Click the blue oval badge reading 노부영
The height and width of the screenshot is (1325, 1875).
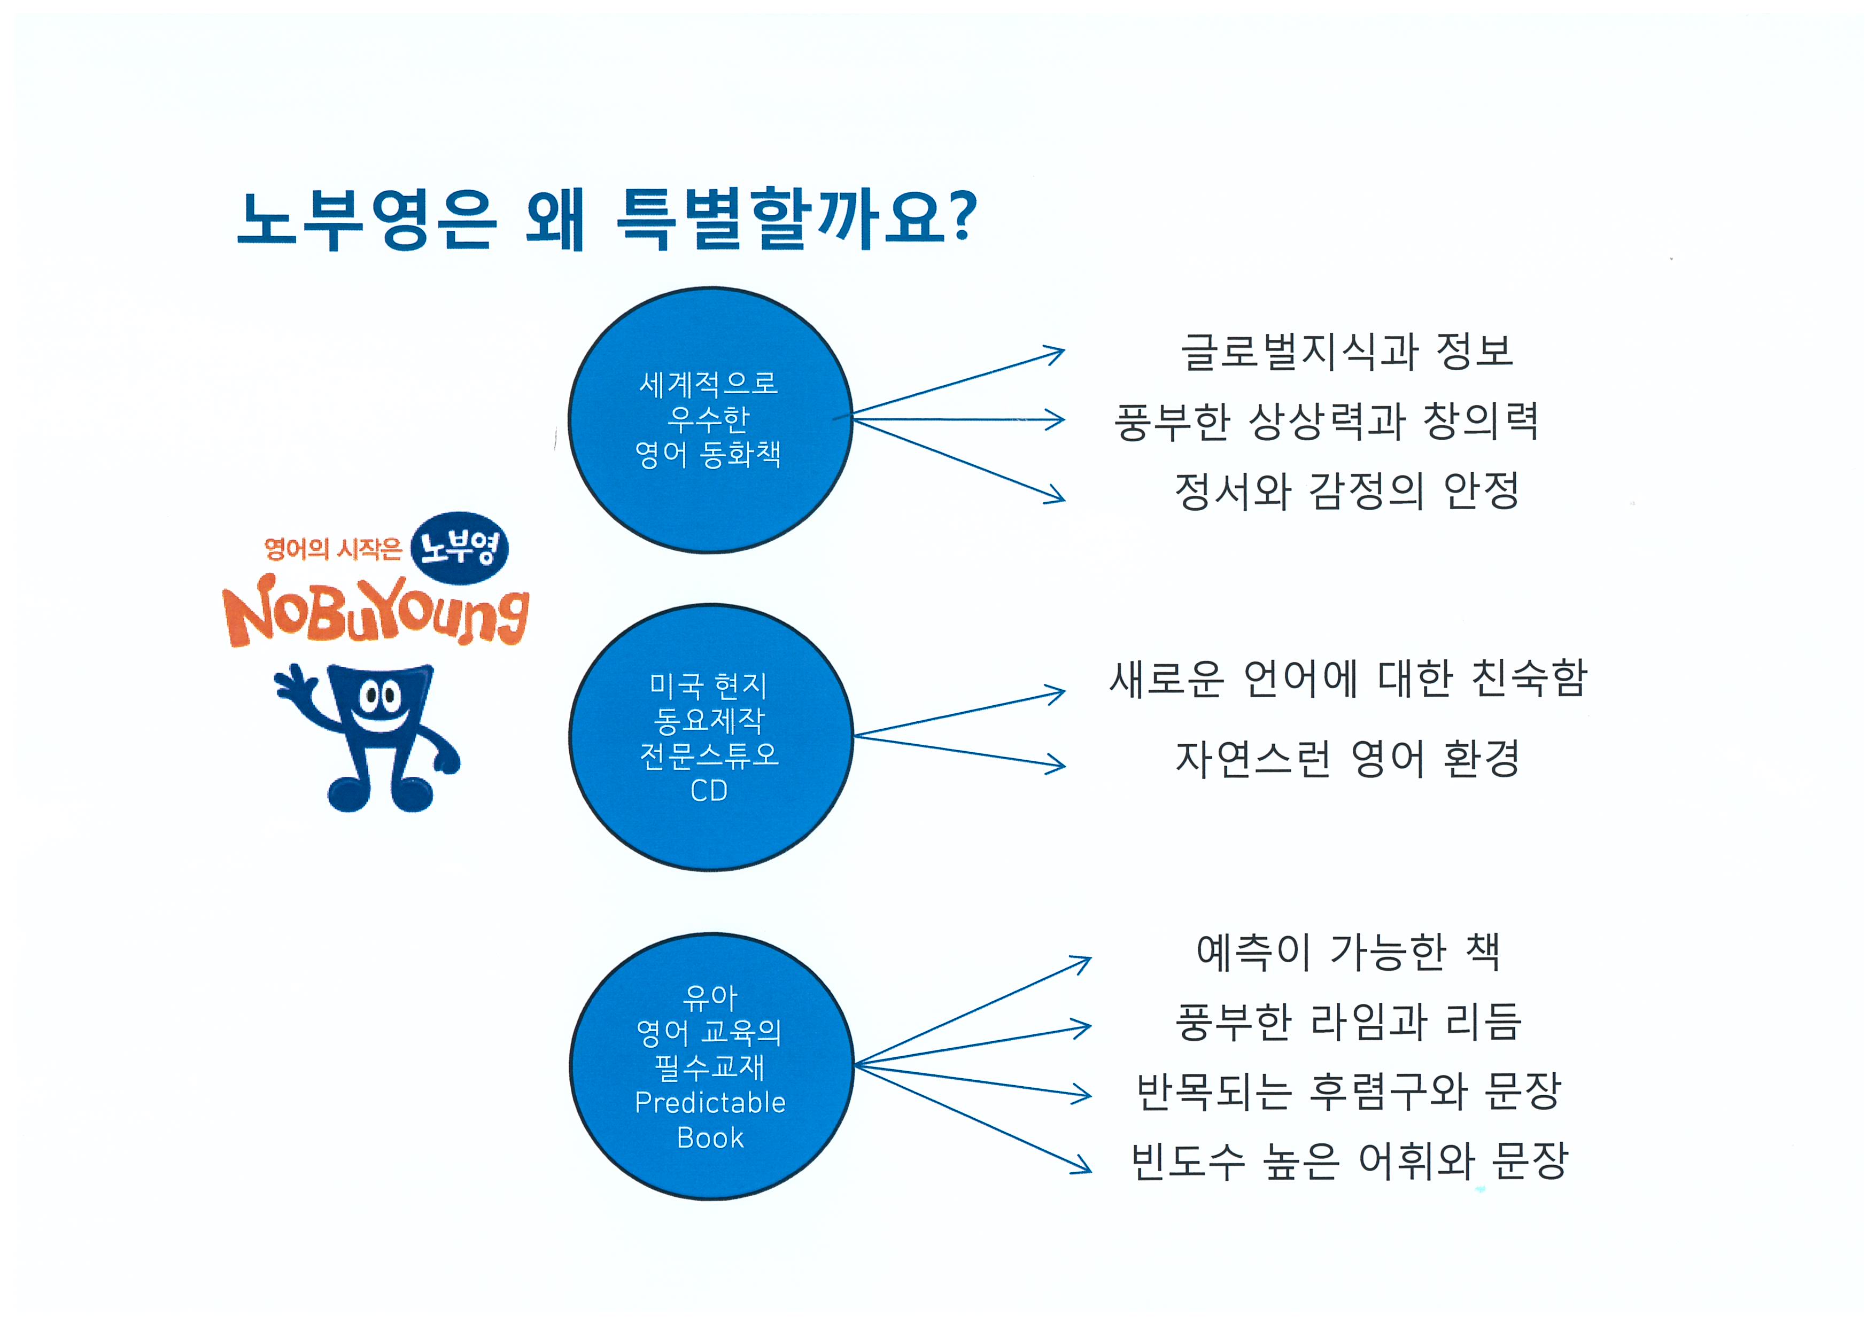point(459,548)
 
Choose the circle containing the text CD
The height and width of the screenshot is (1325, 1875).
point(710,737)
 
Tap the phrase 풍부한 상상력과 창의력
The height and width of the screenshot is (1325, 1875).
point(1326,421)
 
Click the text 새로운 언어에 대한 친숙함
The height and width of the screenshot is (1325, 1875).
point(1349,679)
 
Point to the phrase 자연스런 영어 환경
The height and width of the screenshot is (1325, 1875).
point(1347,759)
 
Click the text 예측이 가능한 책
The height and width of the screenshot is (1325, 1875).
point(1347,952)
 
